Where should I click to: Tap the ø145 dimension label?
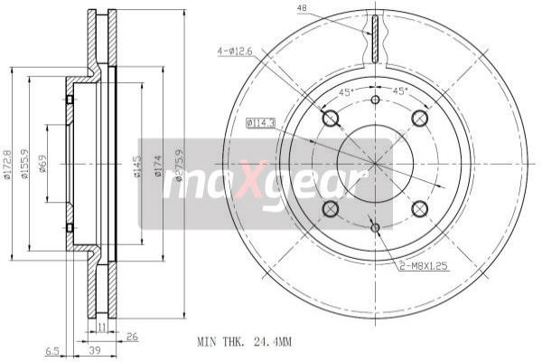[137, 167]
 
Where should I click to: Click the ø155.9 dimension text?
[25, 163]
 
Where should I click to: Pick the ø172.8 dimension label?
[7, 163]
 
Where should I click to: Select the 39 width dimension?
[94, 350]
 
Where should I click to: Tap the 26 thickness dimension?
[132, 338]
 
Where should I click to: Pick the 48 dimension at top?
[301, 10]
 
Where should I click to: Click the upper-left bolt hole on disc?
[330, 119]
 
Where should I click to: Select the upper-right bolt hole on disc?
[419, 119]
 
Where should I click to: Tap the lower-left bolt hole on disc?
[330, 209]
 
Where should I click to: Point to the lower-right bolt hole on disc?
[419, 209]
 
